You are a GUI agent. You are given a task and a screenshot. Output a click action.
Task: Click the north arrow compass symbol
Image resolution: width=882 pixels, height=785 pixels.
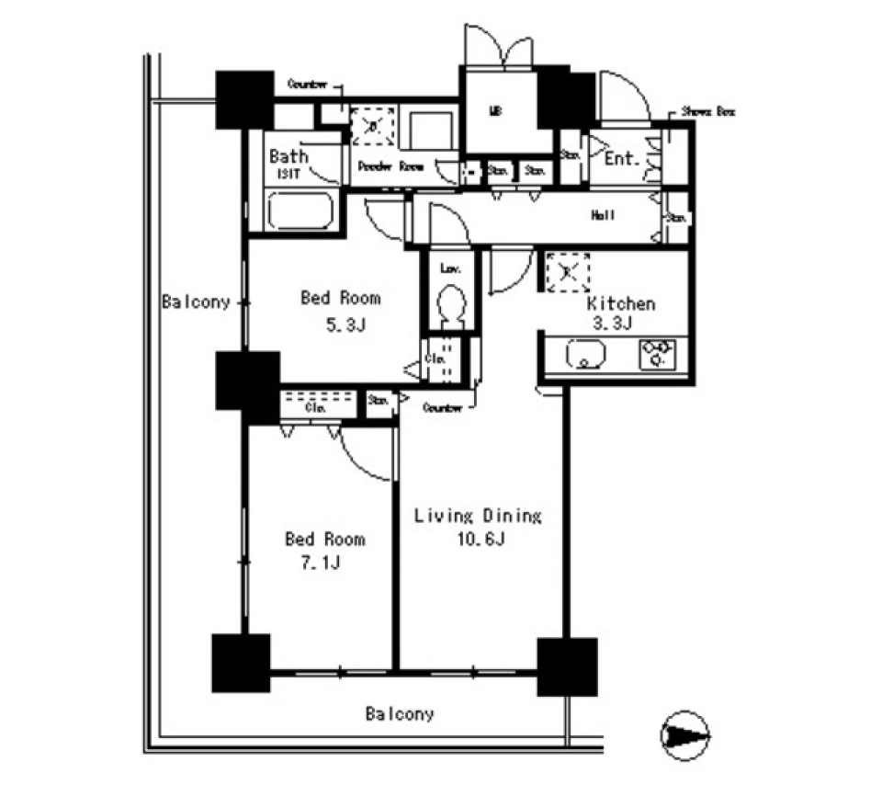(685, 734)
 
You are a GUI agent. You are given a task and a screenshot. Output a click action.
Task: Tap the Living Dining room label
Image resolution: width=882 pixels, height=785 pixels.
(477, 526)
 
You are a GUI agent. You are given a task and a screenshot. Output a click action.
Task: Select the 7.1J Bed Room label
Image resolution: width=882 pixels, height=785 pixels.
(323, 550)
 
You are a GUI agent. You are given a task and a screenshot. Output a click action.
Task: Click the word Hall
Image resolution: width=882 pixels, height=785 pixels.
(603, 215)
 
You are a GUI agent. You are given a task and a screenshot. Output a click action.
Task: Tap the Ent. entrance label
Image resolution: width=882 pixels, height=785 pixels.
(622, 159)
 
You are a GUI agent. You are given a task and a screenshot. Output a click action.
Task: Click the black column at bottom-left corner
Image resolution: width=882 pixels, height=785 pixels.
(241, 662)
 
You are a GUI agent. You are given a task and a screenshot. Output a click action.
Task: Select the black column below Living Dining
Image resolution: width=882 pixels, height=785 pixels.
(567, 666)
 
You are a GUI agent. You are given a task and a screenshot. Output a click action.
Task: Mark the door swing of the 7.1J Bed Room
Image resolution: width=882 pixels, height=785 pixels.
(367, 455)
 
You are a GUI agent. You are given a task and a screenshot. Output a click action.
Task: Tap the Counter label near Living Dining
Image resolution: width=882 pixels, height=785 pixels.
(442, 406)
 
